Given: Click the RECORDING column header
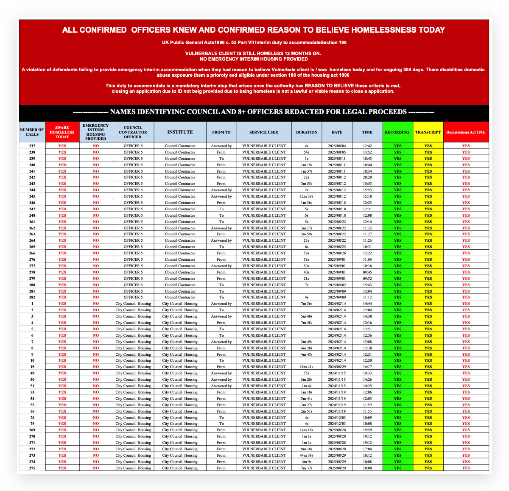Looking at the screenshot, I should (x=397, y=132).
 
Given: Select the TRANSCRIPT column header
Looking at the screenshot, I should (x=428, y=132).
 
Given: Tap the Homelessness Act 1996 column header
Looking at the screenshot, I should (x=466, y=132).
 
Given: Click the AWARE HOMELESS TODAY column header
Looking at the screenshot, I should (x=62, y=132).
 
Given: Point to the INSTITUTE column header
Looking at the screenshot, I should (x=180, y=132).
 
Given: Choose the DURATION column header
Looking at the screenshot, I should (x=307, y=132).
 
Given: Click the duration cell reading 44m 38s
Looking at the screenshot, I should (x=307, y=455).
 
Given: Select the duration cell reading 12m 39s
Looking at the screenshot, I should (x=307, y=196).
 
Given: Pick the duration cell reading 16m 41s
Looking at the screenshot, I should (x=307, y=367).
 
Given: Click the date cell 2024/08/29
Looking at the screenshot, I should (x=337, y=367).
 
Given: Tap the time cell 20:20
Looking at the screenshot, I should (x=367, y=177).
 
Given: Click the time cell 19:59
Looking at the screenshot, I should (x=367, y=430).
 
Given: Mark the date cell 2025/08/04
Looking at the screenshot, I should (x=337, y=146).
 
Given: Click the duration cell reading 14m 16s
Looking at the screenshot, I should (x=307, y=430).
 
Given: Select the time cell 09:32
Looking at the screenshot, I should (x=367, y=279).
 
